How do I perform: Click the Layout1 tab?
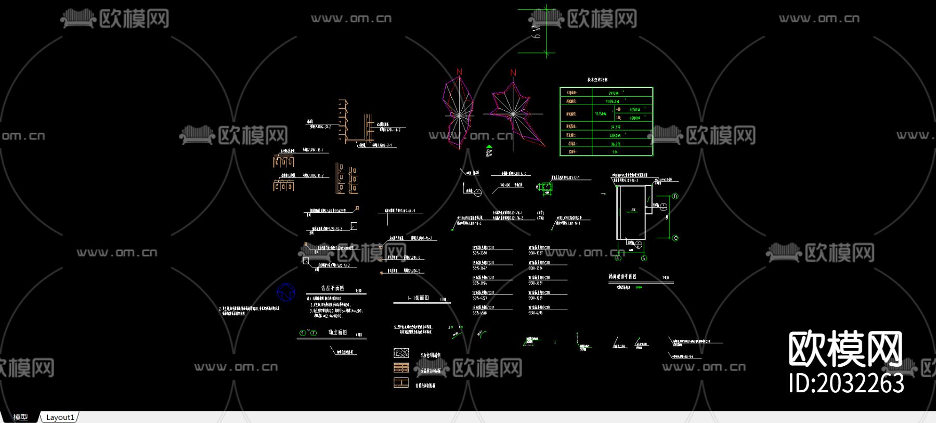point(60,417)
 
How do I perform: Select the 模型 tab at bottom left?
point(20,417)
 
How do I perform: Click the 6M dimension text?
point(536,32)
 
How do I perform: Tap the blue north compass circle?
point(286,292)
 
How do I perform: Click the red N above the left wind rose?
point(459,72)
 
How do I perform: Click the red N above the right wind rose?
point(513,73)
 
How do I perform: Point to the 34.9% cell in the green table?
point(615,126)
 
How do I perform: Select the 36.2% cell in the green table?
point(615,144)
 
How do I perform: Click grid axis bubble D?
point(675,197)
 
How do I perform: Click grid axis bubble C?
point(675,238)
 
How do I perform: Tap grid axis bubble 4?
point(618,258)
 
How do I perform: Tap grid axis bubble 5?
point(644,258)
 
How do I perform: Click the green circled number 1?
point(303,333)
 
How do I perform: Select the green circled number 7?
point(314,333)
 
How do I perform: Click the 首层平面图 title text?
point(333,288)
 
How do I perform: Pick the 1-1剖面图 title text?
point(418,298)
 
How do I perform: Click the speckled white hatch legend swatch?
point(401,353)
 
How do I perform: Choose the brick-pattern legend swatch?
point(401,368)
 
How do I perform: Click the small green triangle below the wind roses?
point(489,148)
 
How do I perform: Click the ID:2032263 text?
point(846,383)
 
